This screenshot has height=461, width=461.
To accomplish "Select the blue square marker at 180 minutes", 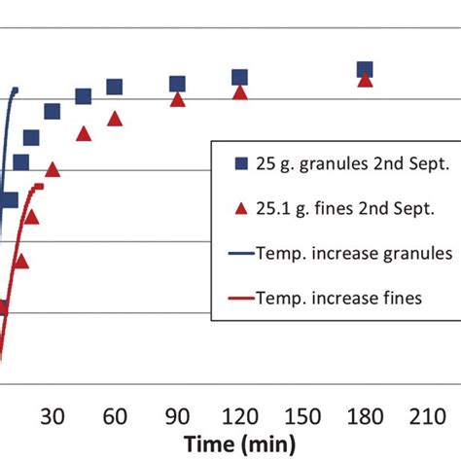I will pyautogui.click(x=365, y=69).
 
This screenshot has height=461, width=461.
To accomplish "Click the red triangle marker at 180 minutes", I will pyautogui.click(x=365, y=80).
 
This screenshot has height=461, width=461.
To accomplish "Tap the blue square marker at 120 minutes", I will pyautogui.click(x=239, y=78).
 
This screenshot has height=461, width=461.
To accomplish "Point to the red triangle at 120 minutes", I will pyautogui.click(x=240, y=93).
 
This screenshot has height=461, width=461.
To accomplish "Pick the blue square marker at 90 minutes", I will pyautogui.click(x=177, y=85).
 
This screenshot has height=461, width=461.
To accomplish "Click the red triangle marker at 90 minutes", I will pyautogui.click(x=177, y=99).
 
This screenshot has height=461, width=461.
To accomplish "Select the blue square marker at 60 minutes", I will pyautogui.click(x=115, y=88).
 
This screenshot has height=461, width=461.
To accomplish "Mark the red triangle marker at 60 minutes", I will pyautogui.click(x=115, y=119).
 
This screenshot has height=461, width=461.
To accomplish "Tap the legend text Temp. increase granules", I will pyautogui.click(x=354, y=253).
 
